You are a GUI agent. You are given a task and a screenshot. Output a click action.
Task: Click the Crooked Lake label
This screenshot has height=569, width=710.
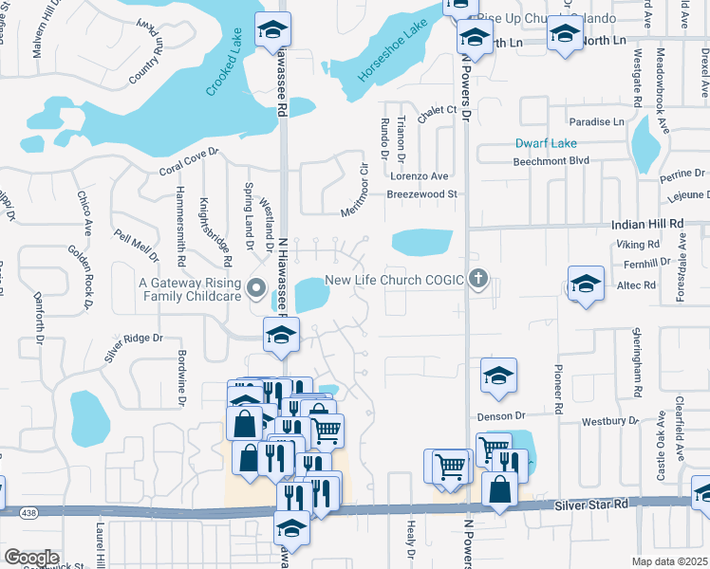click(225, 64)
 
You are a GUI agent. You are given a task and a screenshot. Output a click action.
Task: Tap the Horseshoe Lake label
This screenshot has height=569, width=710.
click(387, 57)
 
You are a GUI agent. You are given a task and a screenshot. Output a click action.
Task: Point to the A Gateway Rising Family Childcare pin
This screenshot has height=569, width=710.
click(255, 287)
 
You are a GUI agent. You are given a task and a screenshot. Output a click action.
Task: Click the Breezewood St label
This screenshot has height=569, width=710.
click(421, 194)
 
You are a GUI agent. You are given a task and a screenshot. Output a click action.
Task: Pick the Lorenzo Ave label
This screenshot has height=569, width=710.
click(419, 176)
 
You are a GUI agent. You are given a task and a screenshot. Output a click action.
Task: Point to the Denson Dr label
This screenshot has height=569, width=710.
click(499, 415)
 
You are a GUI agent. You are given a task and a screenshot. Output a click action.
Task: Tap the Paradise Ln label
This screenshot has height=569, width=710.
click(597, 122)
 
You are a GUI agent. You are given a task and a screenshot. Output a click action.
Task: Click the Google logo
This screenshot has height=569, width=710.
click(31, 557)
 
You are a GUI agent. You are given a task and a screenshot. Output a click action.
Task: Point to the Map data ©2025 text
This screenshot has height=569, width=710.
click(668, 561)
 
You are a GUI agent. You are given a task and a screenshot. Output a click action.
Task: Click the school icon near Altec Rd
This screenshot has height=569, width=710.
click(586, 284)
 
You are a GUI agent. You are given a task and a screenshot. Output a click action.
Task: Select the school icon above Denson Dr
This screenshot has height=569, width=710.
click(498, 376)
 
